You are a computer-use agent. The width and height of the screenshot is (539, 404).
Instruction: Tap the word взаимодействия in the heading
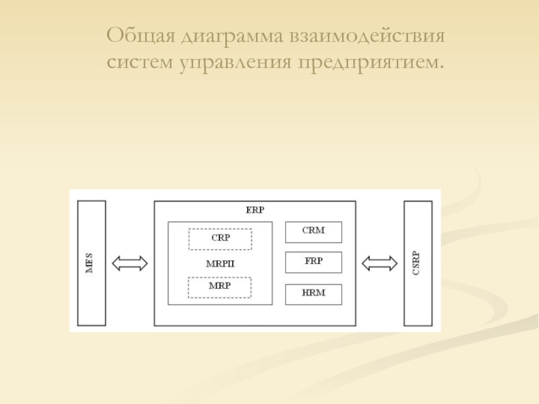(x=369, y=35)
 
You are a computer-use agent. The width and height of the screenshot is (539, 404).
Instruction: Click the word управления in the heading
(x=236, y=62)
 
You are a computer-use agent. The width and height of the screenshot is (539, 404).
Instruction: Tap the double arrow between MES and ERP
(x=129, y=263)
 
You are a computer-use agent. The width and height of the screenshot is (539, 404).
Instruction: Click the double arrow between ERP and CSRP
(x=379, y=263)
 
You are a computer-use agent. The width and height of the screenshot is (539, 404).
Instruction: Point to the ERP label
(x=255, y=209)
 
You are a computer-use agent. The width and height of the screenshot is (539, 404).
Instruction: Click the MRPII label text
(x=220, y=263)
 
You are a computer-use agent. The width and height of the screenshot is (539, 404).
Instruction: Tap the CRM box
(x=313, y=232)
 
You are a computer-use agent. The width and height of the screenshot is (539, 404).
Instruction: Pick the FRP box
(x=313, y=262)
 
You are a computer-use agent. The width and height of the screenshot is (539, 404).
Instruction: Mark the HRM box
(x=313, y=294)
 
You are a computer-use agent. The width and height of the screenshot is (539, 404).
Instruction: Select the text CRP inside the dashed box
(x=220, y=238)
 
